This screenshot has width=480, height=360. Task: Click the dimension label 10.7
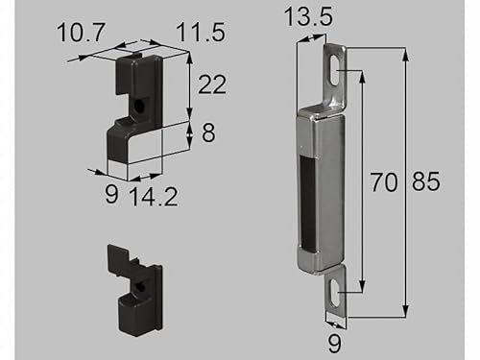coord(81,32)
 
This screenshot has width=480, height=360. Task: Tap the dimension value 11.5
coord(201,32)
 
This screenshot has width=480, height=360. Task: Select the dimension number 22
coord(212,84)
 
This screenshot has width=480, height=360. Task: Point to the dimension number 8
coord(208,132)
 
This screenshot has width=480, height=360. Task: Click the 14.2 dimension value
coord(154,196)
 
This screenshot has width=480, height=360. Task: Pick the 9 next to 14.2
coord(111,194)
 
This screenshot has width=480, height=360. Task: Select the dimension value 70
coord(384,182)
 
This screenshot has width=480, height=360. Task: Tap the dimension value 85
coord(426,181)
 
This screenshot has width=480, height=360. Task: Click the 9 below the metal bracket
coord(335,344)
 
